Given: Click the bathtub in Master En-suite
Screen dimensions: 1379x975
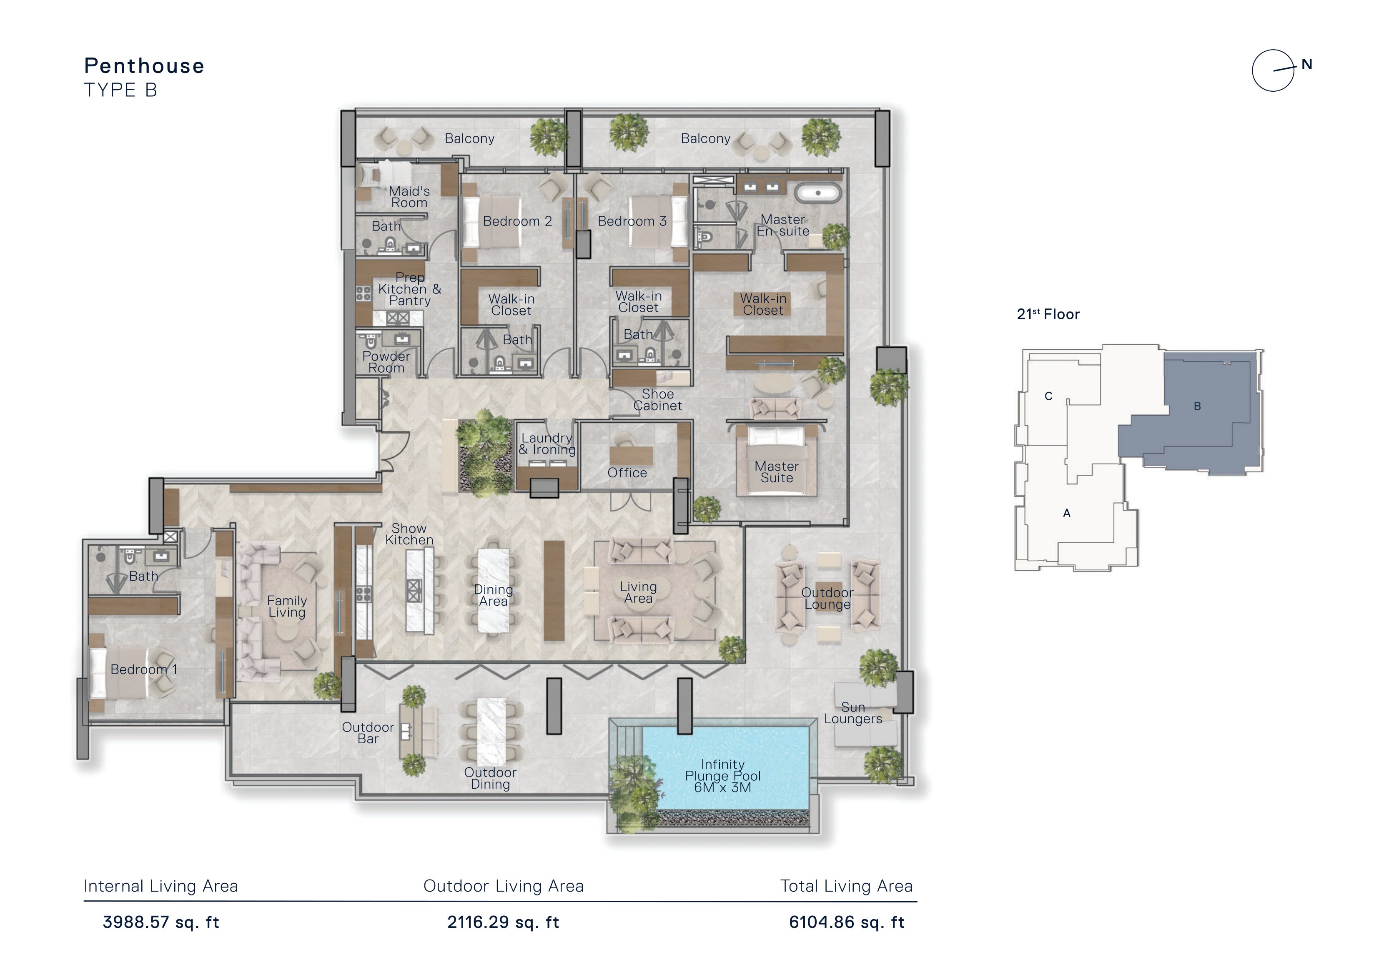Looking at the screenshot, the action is pos(817,193).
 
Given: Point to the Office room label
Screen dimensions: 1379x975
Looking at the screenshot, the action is pos(627,473).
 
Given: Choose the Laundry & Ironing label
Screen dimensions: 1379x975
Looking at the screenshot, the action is pos(547,444).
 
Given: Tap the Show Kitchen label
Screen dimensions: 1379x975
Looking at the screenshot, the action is pos(409,534).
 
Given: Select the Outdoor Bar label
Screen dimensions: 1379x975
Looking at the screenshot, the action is pos(368,733).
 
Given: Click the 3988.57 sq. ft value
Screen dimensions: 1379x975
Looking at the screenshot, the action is pos(161,922).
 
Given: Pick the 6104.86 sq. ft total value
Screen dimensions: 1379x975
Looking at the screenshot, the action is pos(847,922).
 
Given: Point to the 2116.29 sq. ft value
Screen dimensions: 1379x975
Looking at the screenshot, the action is pos(503,922).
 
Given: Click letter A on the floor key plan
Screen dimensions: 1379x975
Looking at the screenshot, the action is pos(1067,513).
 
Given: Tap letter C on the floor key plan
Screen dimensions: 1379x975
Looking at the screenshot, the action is pos(1049,396).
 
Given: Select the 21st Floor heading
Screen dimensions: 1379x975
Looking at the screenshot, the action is pos(1048,313).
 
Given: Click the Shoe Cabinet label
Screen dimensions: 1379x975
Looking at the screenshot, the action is pos(658,399).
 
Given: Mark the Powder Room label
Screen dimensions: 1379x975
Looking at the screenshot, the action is pos(386,362).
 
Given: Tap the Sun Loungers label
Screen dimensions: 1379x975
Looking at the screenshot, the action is pos(853,713).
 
